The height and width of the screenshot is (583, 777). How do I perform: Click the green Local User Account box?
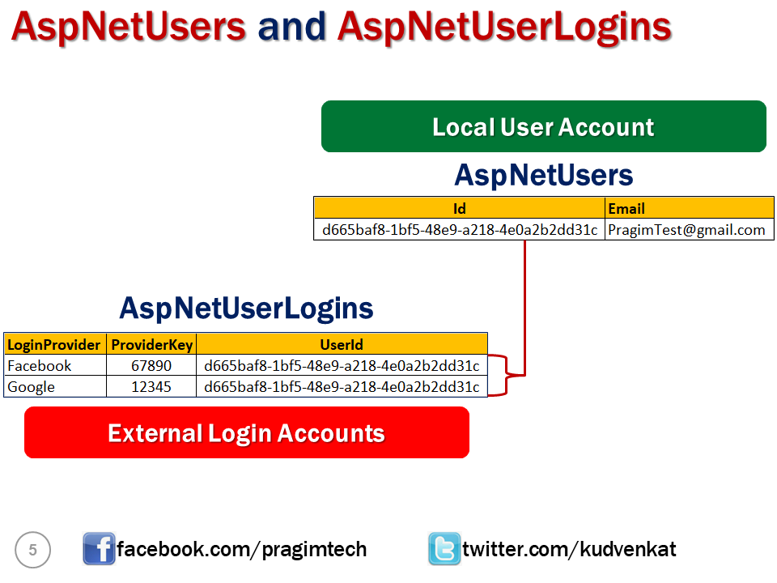coord(543,126)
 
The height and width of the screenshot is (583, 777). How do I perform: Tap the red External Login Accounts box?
coord(247,432)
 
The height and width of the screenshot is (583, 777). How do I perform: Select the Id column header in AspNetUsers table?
coord(459,208)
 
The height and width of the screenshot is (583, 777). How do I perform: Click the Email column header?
coord(689,208)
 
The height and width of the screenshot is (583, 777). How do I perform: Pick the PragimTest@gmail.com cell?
coord(689,229)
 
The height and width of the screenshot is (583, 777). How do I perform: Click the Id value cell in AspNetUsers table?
coord(459,229)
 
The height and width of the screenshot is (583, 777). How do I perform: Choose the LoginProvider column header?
coord(54,344)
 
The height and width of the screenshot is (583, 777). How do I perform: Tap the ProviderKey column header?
coord(151,344)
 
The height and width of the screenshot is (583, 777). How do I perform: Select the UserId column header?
coord(342,344)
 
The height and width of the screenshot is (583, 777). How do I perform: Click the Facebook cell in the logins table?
coord(54,365)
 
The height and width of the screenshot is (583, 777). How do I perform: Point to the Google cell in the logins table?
coord(54,386)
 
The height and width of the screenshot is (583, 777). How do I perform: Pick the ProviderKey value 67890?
coord(151,365)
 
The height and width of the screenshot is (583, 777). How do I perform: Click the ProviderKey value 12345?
coord(151,386)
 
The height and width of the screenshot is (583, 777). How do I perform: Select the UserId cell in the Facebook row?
coord(342,365)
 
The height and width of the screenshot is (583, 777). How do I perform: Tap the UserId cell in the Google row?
coord(342,386)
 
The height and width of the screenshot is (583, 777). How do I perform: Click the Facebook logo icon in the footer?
coord(99,549)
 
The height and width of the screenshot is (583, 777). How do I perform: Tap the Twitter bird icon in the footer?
coord(444,549)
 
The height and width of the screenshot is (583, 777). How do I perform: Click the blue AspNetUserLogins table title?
coord(246,308)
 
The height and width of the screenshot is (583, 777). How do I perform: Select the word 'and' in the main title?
coord(291,27)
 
